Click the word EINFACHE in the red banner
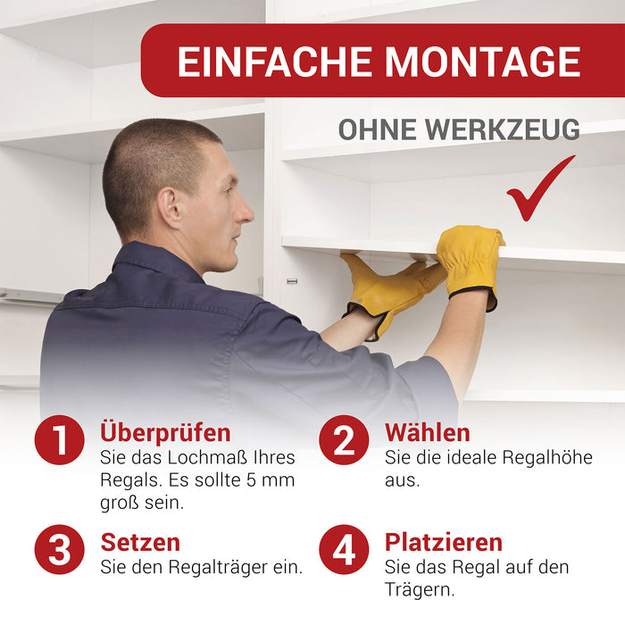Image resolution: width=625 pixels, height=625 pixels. tap(274, 62)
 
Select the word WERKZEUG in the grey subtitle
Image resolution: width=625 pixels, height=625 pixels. tap(502, 129)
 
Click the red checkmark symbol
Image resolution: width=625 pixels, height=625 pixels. tap(540, 188)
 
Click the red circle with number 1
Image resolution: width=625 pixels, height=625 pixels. tap(60, 439)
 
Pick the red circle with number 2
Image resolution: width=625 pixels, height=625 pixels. tap(344, 439)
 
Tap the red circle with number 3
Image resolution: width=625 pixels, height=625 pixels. tap(60, 549)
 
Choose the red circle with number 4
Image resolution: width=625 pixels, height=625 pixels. tap(344, 549)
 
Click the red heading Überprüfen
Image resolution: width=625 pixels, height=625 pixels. tap(165, 432)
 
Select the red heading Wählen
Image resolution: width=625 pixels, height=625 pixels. tap(428, 432)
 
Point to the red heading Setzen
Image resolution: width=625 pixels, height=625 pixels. tap(140, 543)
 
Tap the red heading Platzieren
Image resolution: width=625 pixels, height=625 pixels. tap(444, 543)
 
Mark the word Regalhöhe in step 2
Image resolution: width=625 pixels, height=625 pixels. tap(546, 457)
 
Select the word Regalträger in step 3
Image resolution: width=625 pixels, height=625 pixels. tap(218, 568)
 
